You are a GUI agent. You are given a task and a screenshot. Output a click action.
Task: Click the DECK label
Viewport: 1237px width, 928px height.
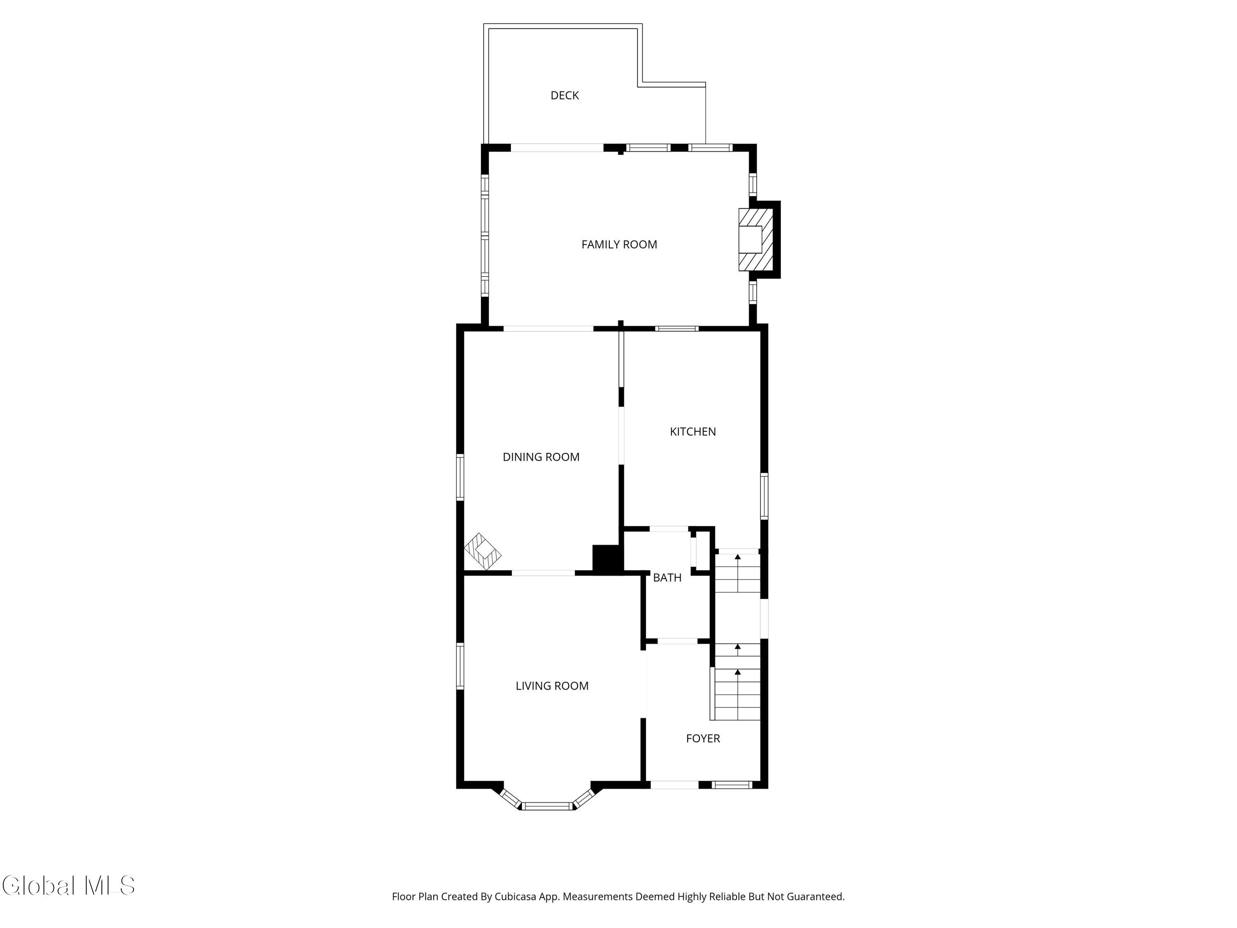coord(564,96)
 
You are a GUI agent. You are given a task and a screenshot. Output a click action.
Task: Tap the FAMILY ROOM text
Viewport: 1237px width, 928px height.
coord(618,245)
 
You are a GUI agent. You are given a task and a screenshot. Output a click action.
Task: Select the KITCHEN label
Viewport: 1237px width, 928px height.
coord(692,431)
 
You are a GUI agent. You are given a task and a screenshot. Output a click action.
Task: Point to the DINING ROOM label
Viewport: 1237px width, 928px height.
coord(541,457)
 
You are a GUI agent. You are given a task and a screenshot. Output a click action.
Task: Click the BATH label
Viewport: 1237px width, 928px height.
coord(667,578)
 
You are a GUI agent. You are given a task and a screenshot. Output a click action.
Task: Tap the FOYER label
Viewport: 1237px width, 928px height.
coord(702,738)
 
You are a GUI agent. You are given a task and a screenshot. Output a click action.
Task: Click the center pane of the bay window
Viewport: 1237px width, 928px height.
coord(548,806)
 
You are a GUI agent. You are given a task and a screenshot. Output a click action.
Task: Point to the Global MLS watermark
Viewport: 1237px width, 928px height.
coord(68,886)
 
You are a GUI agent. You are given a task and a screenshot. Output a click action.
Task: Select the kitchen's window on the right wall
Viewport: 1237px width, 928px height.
coord(764,496)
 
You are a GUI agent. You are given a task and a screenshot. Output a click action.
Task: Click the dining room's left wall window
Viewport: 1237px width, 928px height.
coord(460,477)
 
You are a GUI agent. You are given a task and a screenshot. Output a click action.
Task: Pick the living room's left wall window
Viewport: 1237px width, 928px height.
coord(460,666)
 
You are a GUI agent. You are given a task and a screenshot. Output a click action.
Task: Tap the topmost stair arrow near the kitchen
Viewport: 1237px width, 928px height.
coord(738,557)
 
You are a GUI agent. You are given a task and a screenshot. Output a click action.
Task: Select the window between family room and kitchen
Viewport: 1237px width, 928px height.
coord(677,328)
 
